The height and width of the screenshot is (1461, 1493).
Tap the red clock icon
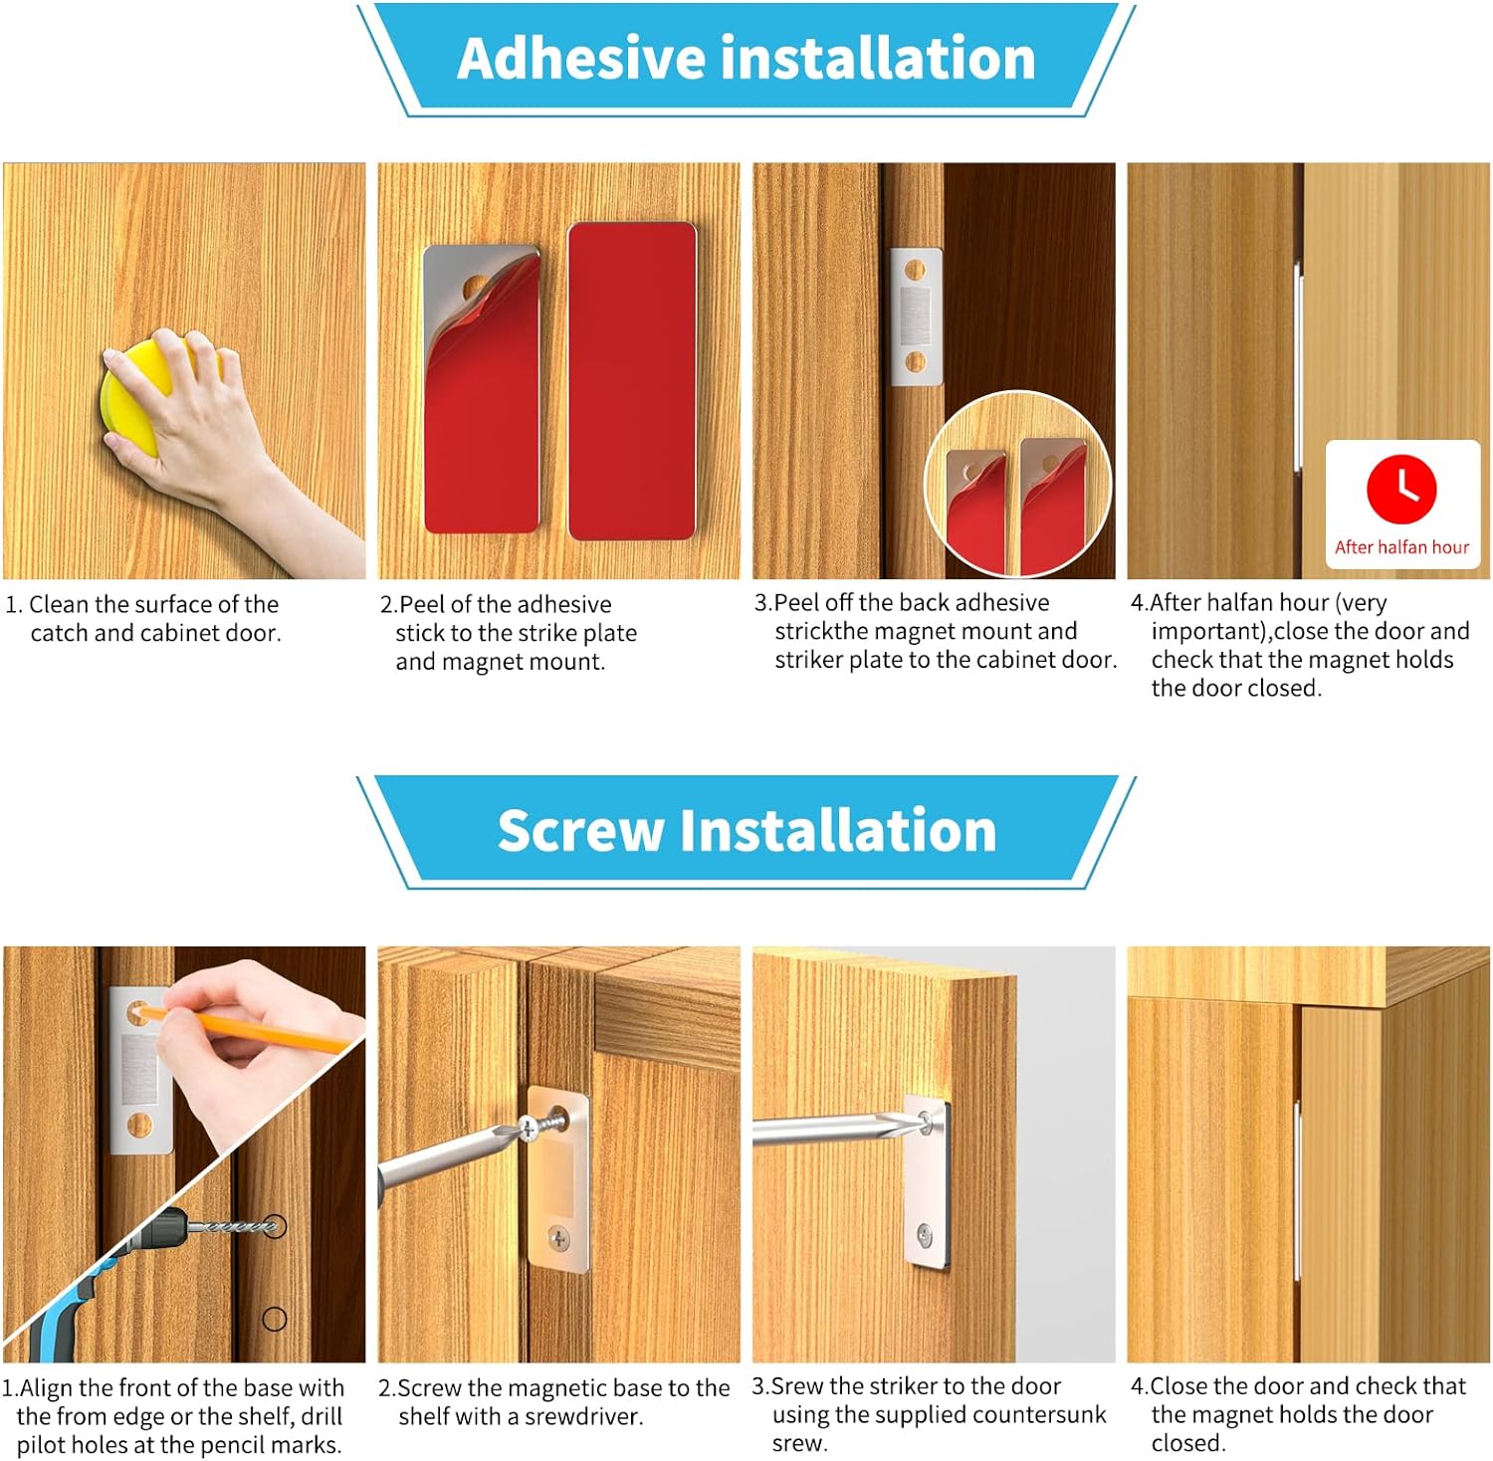coord(1401,489)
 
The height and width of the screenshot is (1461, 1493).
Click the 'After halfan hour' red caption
coord(1401,547)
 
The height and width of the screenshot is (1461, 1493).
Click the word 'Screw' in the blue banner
coord(580,831)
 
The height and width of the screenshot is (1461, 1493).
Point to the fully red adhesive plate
coord(631,380)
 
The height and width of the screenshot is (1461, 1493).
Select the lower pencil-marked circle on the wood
coord(275,1320)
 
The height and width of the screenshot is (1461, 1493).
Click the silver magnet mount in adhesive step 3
coord(916,316)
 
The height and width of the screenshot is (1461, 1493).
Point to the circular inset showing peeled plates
coord(1017,484)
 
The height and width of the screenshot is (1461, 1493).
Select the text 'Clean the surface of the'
coord(153,604)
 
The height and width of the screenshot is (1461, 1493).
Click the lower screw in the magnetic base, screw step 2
coord(559,1239)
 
